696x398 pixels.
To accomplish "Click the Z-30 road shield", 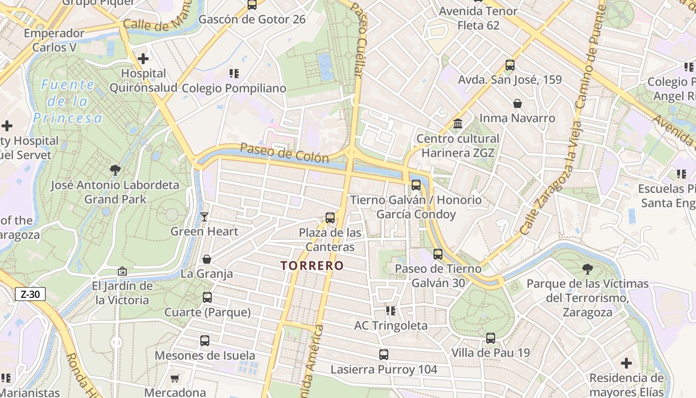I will [x=30, y=294].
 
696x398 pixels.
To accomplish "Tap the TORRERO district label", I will [x=312, y=266].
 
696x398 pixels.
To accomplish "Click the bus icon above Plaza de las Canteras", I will [x=330, y=218].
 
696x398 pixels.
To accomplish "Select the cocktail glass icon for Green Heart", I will [x=204, y=217].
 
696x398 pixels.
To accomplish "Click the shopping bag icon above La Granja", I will [x=206, y=259].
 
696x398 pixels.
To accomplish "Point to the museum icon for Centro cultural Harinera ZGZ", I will [x=458, y=123].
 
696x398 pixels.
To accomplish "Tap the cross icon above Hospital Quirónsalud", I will [x=143, y=59].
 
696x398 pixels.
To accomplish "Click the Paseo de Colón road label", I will [x=284, y=153].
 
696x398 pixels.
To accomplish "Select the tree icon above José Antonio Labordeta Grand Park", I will [x=115, y=170].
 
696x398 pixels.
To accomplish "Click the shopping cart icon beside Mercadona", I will [x=174, y=379].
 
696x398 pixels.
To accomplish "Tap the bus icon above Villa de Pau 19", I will [x=490, y=338].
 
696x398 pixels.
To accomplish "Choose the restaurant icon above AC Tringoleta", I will [x=390, y=311].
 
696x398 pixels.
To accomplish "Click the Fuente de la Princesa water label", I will [x=68, y=101].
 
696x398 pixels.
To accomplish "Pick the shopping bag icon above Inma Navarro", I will [x=517, y=103].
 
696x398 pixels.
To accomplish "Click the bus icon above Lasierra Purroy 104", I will [x=383, y=355].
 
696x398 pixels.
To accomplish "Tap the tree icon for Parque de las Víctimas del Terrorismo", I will [x=587, y=269].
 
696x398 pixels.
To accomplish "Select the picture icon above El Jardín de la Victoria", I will [x=122, y=271].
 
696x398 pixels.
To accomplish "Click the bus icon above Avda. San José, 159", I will [x=510, y=65].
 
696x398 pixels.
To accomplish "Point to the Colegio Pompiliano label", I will [x=234, y=88].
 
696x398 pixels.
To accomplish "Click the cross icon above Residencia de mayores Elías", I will [x=626, y=363].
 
